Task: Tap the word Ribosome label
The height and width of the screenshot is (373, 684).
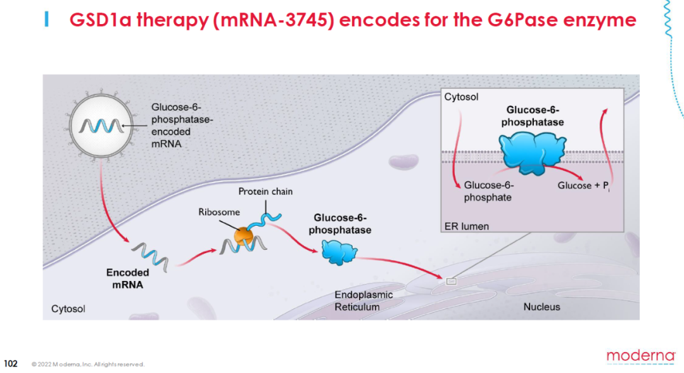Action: [219, 212]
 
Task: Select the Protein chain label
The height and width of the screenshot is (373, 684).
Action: [265, 192]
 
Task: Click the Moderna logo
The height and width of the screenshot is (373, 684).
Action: [640, 356]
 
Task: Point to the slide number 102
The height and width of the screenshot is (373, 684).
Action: [10, 363]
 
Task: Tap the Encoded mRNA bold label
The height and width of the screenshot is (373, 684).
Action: [127, 278]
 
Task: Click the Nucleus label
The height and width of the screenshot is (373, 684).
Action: [541, 307]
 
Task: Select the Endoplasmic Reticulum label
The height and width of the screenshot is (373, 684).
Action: [364, 301]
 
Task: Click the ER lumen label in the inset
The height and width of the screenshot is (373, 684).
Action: [466, 226]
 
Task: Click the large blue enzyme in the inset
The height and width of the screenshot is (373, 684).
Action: [532, 153]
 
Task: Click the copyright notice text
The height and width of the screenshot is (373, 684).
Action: [88, 364]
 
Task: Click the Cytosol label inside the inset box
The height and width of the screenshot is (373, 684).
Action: [461, 97]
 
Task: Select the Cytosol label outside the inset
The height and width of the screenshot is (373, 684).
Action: [68, 309]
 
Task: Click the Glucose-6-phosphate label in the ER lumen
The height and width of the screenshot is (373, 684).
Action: [488, 191]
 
